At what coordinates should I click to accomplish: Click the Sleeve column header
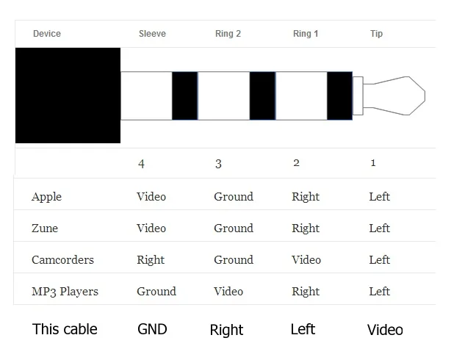(152, 34)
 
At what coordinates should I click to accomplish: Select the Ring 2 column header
(228, 34)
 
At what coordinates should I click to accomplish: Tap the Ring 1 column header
(306, 34)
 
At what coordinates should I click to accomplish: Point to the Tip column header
(376, 34)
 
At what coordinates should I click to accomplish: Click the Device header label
(47, 34)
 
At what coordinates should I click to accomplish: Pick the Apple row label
(46, 197)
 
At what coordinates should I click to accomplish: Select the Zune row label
(45, 228)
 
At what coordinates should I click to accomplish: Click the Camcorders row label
(62, 260)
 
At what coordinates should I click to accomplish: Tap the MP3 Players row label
(65, 292)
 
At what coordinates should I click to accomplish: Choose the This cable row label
(65, 329)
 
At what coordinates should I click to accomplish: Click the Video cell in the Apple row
(151, 197)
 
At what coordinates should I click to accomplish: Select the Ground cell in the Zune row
(234, 228)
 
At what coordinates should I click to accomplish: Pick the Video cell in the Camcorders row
(306, 260)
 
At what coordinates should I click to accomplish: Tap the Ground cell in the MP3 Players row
(156, 292)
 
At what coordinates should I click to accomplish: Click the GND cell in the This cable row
(153, 329)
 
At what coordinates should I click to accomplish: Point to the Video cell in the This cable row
(385, 330)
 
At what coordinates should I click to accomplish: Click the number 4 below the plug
(142, 164)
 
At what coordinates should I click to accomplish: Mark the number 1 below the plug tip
(373, 163)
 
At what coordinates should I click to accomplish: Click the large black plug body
(68, 96)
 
